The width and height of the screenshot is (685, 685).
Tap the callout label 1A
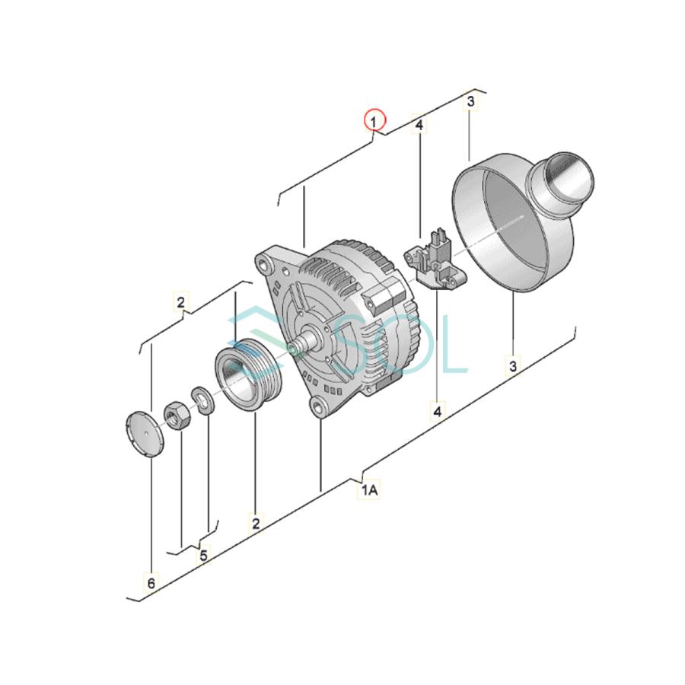[369, 490]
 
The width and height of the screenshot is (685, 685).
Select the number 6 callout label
[151, 583]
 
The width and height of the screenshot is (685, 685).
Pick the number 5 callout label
[203, 556]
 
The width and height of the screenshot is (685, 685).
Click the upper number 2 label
[181, 301]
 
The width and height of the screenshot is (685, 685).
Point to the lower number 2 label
[256, 523]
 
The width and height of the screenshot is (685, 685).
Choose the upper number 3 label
[470, 101]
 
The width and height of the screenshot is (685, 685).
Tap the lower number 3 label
[513, 365]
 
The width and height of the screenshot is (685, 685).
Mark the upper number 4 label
[419, 126]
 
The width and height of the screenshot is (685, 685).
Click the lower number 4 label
[438, 411]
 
